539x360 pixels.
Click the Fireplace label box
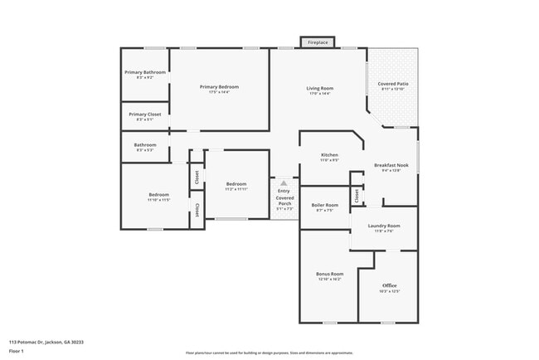pos(318,41)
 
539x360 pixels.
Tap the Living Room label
pos(319,88)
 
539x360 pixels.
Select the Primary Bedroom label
pos(219,87)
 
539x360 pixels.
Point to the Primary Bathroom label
pos(145,73)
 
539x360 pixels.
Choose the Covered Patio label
pos(392,85)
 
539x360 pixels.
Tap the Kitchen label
pos(330,155)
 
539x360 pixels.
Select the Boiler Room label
pos(324,205)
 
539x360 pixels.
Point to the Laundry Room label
pos(384,226)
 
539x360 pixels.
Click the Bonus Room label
pos(329,275)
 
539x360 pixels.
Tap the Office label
pos(390,286)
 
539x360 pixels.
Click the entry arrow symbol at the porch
pos(284,183)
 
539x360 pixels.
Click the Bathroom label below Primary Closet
pos(145,145)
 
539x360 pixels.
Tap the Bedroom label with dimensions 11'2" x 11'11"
pos(236,184)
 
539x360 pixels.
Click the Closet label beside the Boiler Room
pos(357,196)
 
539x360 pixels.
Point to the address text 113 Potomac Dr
pos(46,342)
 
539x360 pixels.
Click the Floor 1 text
pos(16,352)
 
